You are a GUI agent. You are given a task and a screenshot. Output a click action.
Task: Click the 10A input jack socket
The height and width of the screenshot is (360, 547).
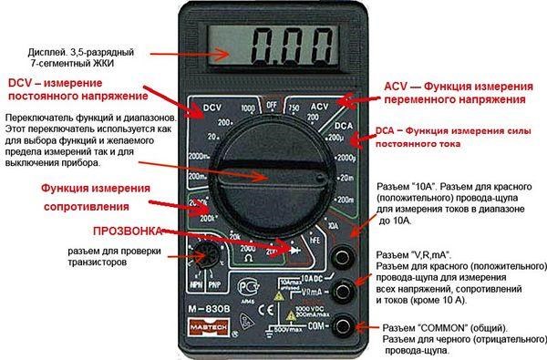pyautogui.click(x=345, y=256)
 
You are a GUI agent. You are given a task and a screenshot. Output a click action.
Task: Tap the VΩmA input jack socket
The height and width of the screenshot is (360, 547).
pyautogui.click(x=345, y=291)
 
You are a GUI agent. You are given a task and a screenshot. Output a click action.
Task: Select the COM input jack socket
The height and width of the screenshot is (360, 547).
pyautogui.click(x=345, y=325)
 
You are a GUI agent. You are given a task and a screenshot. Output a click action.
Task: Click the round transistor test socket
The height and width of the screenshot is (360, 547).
pyautogui.click(x=202, y=258)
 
